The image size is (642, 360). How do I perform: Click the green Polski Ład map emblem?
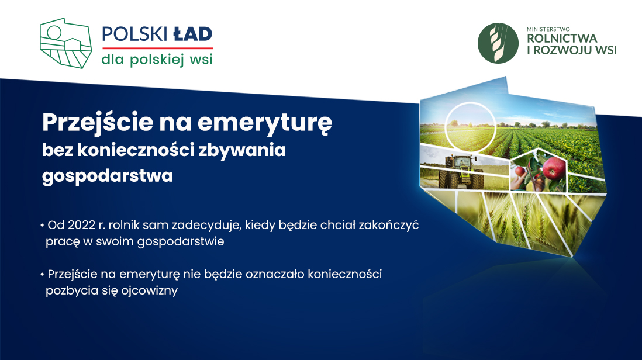coord(65,43)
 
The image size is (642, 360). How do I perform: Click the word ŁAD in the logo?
coord(192,34)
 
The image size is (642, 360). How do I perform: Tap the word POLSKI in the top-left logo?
coord(134,34)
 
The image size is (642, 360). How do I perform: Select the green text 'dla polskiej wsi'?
coord(157,60)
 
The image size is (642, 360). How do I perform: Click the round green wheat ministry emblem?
coord(498,43)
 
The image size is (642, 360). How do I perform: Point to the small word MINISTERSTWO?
coord(548,29)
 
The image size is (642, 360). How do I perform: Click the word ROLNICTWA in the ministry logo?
coord(562,39)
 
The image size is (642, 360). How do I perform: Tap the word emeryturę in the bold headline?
coord(265,123)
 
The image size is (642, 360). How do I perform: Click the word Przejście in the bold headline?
coord(98,123)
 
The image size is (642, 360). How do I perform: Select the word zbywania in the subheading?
coord(242,150)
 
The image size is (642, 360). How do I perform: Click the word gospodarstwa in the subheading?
coord(107,176)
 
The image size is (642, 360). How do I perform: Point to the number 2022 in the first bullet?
coord(81,225)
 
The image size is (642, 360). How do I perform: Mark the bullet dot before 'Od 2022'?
coord(42,226)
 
